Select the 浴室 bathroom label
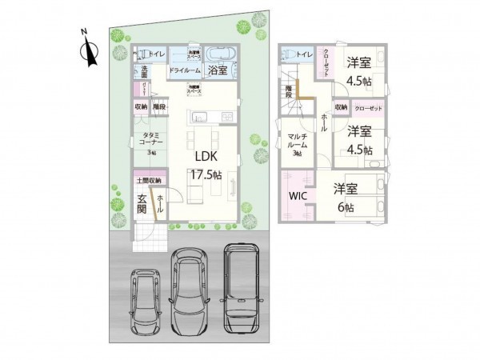[218, 71]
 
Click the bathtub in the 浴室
[220, 54]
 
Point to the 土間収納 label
[147, 181]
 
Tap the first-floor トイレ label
[158, 54]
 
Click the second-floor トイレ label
[305, 54]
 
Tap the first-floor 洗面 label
[145, 69]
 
